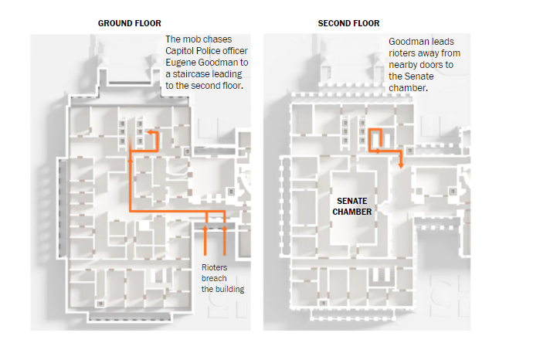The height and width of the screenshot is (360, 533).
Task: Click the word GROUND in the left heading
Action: [113, 23]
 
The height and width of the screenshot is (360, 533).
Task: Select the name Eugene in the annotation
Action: [182, 63]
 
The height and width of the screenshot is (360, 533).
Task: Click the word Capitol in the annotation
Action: [182, 51]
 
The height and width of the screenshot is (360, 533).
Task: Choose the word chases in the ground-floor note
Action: [219, 39]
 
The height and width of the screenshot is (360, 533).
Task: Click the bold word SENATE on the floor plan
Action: [352, 201]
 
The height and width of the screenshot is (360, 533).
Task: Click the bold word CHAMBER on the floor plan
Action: [352, 212]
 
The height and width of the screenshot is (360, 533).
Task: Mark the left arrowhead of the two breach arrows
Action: [205, 227]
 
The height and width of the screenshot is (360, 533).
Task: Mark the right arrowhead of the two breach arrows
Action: [224, 227]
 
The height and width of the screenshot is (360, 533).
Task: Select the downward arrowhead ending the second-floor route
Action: [402, 165]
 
